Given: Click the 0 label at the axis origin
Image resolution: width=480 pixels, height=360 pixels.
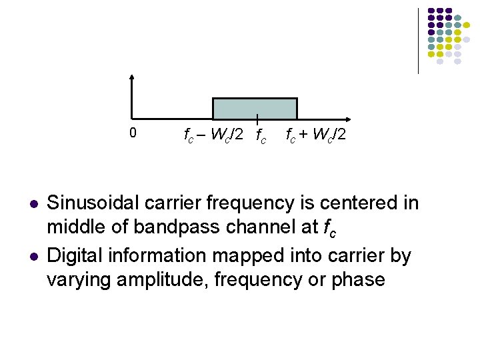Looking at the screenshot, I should click(x=133, y=133).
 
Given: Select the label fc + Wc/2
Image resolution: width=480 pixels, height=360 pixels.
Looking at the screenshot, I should click(x=315, y=135).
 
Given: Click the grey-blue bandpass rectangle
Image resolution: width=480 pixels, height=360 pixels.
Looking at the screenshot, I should click(x=255, y=108).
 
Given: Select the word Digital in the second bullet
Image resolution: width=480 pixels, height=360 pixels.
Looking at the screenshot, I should click(x=73, y=255).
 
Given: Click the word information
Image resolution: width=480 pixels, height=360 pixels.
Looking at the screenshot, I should click(x=153, y=255).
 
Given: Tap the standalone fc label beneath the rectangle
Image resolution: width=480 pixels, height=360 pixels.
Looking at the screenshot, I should click(x=260, y=137).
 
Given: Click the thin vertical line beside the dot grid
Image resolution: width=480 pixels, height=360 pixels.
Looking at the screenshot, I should click(x=418, y=40).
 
